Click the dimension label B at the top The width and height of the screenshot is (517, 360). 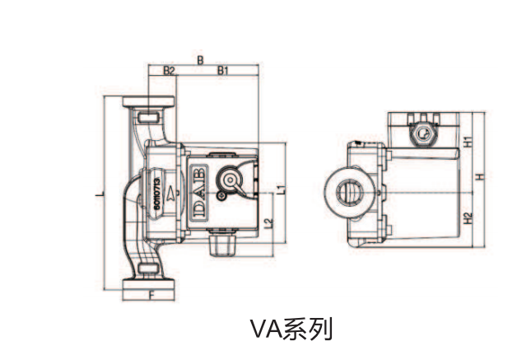click(x=201, y=58)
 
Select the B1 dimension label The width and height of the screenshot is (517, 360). click(x=222, y=71)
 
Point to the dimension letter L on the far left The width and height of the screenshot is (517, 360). click(x=98, y=194)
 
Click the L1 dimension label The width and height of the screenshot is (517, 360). click(x=282, y=189)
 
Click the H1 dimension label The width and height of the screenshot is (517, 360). click(x=467, y=141)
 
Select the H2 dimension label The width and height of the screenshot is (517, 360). click(x=467, y=218)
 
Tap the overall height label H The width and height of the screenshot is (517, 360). click(x=477, y=176)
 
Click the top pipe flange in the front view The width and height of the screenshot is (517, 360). click(x=150, y=105)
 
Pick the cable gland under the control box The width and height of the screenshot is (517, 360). click(x=222, y=242)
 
